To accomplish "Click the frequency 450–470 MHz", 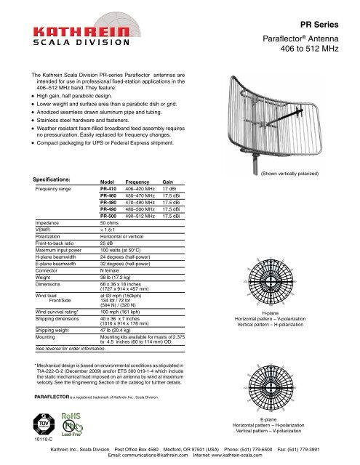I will (x=142, y=194).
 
